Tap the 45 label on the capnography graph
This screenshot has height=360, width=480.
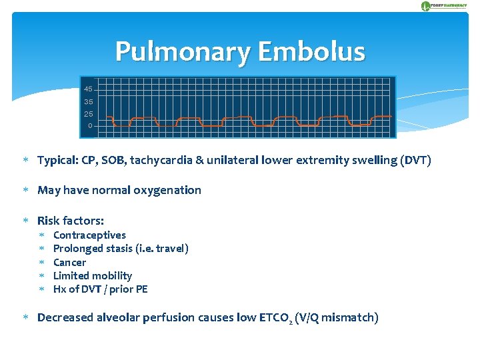click(89, 89)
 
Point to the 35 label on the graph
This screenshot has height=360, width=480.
click(89, 102)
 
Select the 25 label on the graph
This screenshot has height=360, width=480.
click(89, 114)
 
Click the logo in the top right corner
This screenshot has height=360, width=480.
click(443, 6)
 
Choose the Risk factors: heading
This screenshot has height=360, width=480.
click(71, 220)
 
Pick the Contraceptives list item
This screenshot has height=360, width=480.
click(89, 235)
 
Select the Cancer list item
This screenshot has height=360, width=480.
click(69, 262)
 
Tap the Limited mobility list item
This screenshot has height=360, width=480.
click(93, 275)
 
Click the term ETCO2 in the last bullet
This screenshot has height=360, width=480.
click(279, 318)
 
